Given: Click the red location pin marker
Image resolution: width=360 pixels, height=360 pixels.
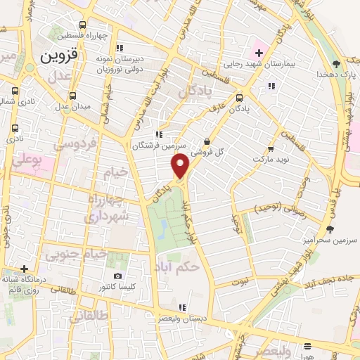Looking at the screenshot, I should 181,166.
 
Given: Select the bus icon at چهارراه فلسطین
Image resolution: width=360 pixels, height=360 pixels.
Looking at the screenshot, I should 84,24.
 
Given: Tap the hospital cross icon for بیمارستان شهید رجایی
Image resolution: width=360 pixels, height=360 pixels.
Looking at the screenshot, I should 257,52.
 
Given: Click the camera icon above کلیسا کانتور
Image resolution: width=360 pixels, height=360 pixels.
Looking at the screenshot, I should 117,276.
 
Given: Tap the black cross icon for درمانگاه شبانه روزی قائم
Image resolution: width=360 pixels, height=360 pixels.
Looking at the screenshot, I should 25,269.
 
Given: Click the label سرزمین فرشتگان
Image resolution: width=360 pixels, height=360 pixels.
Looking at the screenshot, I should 159,146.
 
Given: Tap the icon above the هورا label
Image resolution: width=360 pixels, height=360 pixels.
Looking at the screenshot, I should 308,345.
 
